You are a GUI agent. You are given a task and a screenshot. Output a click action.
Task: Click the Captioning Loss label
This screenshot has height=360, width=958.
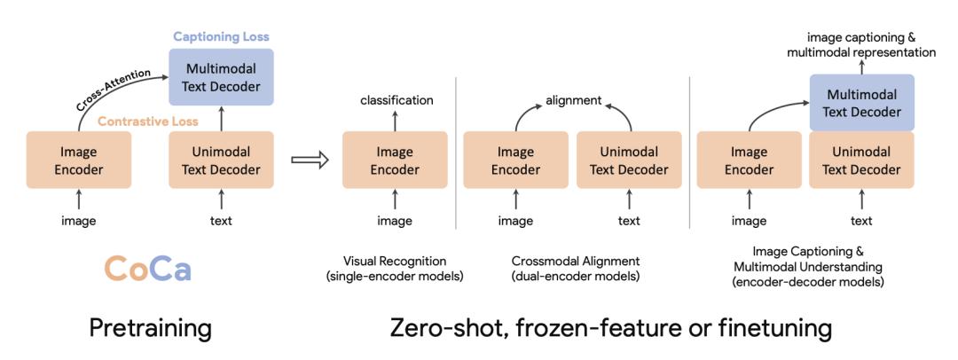[x=221, y=36]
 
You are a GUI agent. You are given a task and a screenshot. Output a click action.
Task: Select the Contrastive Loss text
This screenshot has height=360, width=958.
[x=148, y=121]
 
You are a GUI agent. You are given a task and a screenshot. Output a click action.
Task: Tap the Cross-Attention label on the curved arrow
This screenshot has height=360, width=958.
[x=113, y=90]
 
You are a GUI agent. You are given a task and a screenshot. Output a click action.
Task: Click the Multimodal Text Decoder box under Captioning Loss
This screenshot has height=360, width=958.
[x=221, y=77]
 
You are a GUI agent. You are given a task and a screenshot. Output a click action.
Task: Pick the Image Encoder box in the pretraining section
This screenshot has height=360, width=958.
[x=79, y=160]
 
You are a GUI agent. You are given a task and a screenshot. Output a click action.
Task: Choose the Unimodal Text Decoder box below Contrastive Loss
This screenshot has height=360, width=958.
[x=221, y=160]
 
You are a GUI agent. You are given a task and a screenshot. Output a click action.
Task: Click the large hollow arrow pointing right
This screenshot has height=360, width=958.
[x=310, y=160]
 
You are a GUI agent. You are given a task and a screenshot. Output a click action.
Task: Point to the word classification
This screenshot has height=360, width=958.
[x=397, y=100]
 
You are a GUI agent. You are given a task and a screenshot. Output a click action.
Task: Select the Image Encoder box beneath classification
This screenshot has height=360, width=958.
[x=395, y=160]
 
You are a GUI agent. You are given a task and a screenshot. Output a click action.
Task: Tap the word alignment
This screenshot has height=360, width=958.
[x=574, y=100]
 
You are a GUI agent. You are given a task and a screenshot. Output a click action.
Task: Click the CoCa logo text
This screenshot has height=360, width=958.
[x=147, y=269]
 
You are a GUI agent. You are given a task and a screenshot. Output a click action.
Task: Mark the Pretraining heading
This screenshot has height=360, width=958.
[x=150, y=329]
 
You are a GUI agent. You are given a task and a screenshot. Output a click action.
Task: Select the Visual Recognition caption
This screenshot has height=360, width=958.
[x=395, y=261]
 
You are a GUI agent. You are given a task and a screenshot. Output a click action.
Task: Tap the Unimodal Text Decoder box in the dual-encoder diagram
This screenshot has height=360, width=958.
[x=629, y=160]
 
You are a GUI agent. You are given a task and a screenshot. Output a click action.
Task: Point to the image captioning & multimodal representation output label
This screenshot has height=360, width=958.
[x=861, y=44]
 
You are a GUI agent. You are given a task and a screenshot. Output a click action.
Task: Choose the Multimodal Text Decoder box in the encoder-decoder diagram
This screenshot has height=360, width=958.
[x=862, y=103]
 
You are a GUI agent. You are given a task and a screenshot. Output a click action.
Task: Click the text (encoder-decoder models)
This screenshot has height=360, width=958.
[x=810, y=282]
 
